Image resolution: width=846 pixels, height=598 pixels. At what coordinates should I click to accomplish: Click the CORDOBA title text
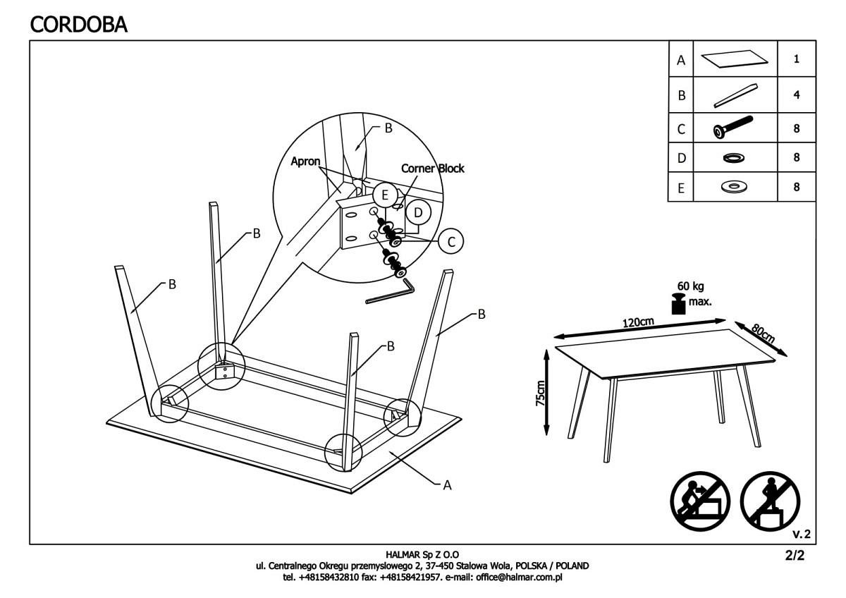pos(79,24)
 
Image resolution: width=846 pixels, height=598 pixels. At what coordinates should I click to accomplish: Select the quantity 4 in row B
pos(796,95)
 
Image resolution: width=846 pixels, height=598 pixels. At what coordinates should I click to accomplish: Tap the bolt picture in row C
pos(732,128)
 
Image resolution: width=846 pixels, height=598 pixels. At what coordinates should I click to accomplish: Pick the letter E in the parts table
pos(680,188)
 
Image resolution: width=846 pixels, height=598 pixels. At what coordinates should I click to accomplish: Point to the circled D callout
pos(418,212)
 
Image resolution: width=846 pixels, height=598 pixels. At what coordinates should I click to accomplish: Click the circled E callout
pos(384,195)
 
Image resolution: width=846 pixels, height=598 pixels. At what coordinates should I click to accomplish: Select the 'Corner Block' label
pos(432,169)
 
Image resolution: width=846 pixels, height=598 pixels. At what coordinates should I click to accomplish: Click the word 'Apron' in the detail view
pos(306,161)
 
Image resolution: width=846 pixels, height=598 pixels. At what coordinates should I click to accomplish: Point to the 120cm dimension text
pos(638,322)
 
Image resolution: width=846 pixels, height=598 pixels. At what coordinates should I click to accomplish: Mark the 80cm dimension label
pos(763,332)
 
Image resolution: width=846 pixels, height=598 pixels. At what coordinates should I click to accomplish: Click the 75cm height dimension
pos(541,392)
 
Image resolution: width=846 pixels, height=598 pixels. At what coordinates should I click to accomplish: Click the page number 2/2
pos(794,555)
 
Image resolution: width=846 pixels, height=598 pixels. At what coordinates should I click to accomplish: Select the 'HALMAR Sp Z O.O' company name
pos(423,556)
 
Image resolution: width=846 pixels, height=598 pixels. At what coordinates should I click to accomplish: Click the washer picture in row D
pos(732,158)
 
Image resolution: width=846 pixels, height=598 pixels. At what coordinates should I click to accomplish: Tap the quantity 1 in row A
pos(796,60)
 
